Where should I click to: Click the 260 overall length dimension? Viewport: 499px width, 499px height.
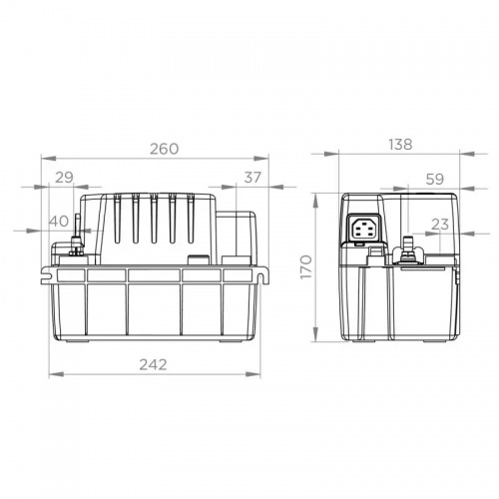[x=165, y=149]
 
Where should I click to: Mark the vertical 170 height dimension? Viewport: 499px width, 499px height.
[x=307, y=267]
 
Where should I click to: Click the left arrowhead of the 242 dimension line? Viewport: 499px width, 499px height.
[x=53, y=375]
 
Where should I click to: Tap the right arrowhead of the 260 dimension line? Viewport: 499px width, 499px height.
[x=267, y=159]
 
